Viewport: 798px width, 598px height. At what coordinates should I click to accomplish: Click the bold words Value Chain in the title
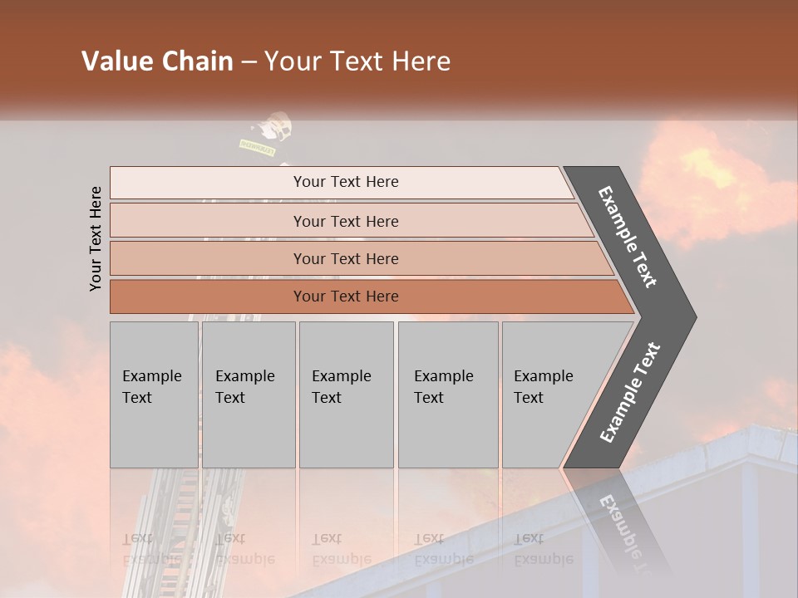pyautogui.click(x=157, y=61)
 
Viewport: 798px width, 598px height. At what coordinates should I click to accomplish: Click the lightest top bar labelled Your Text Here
pyautogui.click(x=345, y=182)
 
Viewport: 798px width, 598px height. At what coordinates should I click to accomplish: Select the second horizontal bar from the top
pyautogui.click(x=345, y=221)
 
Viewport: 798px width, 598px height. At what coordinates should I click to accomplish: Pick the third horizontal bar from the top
pyautogui.click(x=345, y=258)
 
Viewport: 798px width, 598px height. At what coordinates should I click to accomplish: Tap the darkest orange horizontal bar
pyautogui.click(x=345, y=297)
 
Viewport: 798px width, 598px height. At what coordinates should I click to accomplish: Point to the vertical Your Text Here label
pyautogui.click(x=96, y=238)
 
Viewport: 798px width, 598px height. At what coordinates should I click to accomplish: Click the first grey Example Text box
pyautogui.click(x=154, y=394)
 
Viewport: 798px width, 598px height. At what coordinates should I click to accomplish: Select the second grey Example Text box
pyautogui.click(x=249, y=394)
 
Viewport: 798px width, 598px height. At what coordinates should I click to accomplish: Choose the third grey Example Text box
pyautogui.click(x=346, y=394)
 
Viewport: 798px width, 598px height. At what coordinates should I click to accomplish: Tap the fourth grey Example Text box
pyautogui.click(x=448, y=394)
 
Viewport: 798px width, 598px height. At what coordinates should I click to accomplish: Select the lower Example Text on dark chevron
pyautogui.click(x=629, y=392)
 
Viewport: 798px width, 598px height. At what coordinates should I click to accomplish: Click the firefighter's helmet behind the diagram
pyautogui.click(x=275, y=127)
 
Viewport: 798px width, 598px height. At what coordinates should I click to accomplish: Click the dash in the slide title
pyautogui.click(x=248, y=62)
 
